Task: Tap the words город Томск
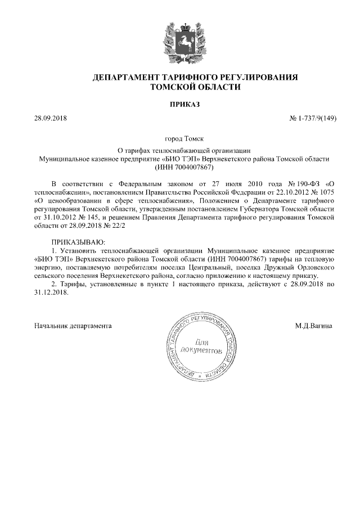pos(180,138)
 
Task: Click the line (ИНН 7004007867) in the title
pos(180,167)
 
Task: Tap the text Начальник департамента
pos(73,326)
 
